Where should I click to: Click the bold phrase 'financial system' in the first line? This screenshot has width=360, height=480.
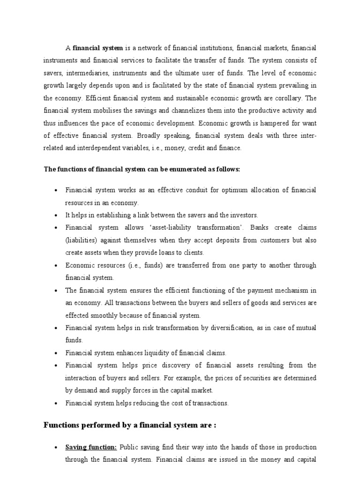pos(97,48)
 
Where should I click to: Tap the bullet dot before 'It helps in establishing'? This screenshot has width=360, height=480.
pos(56,215)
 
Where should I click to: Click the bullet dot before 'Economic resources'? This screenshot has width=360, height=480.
pos(56,265)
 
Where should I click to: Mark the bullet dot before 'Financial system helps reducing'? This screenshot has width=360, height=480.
pos(56,403)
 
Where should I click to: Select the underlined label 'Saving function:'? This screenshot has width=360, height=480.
pos(91,447)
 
